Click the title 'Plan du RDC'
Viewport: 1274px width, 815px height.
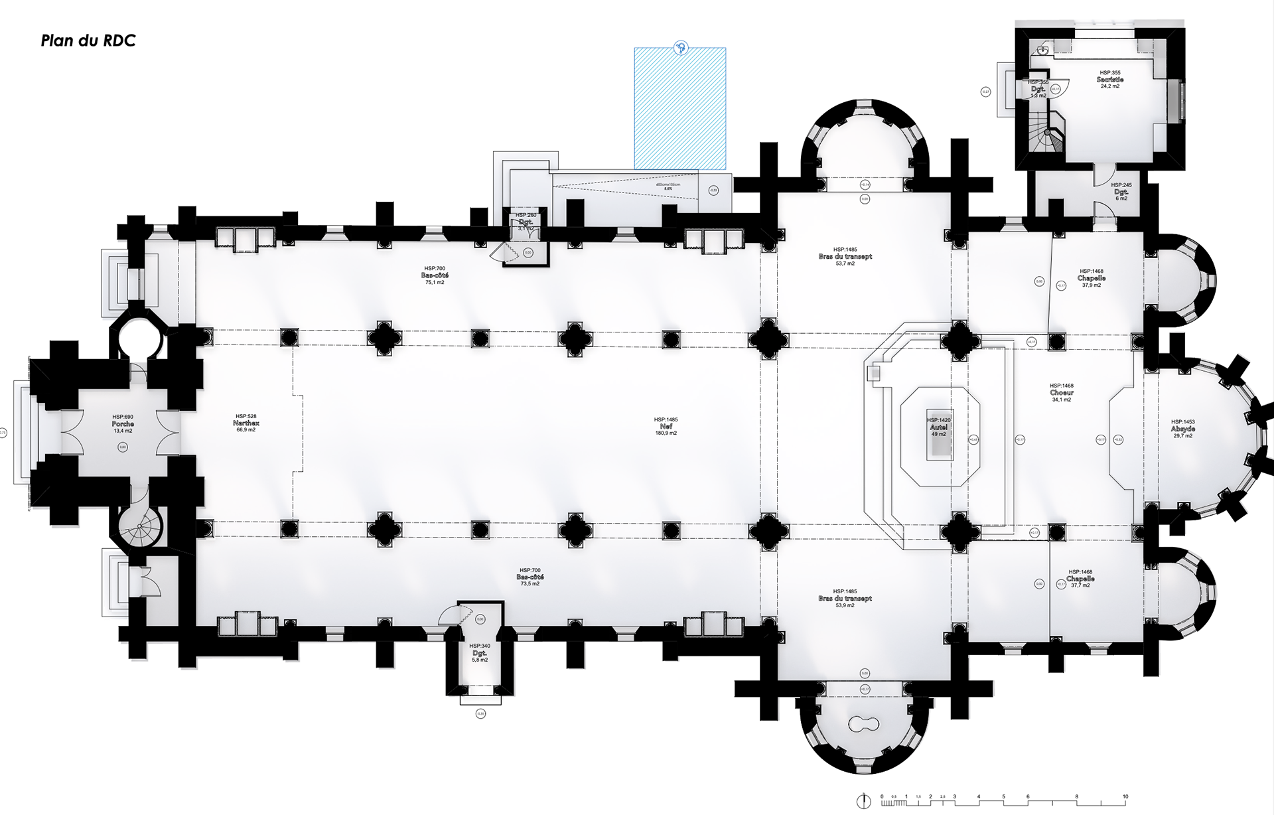(x=88, y=41)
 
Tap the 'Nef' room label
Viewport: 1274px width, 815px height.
(x=666, y=426)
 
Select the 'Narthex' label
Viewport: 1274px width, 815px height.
(x=246, y=423)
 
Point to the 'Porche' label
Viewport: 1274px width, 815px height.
(x=123, y=423)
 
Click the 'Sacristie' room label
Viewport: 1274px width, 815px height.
(x=1110, y=80)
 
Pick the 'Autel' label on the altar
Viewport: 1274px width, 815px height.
(x=939, y=427)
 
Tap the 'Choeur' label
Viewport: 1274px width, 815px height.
(x=1062, y=393)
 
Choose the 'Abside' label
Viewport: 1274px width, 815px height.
(x=1183, y=429)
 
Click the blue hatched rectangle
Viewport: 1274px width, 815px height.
(x=679, y=110)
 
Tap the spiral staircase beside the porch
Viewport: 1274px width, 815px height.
(x=140, y=527)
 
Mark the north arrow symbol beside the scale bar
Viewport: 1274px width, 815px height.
(x=863, y=800)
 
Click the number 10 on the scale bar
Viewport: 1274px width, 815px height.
(x=1125, y=796)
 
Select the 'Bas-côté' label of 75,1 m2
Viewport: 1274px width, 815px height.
(x=435, y=275)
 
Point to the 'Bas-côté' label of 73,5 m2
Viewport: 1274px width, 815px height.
(x=530, y=577)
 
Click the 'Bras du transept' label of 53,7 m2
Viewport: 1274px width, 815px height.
(x=845, y=257)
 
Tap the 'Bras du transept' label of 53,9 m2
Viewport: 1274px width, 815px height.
(x=845, y=599)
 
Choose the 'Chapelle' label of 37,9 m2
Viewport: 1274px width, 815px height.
(x=1092, y=278)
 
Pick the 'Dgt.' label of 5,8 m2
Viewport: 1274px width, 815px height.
(x=480, y=653)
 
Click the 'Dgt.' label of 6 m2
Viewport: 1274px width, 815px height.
(x=1121, y=192)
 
